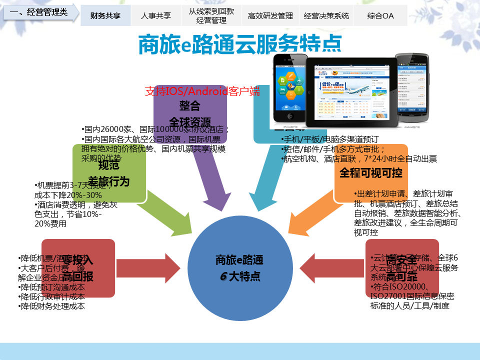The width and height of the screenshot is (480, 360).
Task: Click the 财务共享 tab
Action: (x=105, y=15)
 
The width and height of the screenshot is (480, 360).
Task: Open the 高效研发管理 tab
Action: (x=270, y=15)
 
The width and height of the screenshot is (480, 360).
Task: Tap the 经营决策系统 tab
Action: (x=326, y=15)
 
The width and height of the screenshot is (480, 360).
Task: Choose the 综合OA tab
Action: (x=380, y=15)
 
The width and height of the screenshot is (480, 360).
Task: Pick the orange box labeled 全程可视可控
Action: (x=371, y=173)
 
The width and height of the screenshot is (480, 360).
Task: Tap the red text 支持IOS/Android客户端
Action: (x=202, y=91)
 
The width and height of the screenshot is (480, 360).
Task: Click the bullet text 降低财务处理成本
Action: (x=52, y=306)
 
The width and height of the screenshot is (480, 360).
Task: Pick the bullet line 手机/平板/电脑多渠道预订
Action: (x=330, y=139)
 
